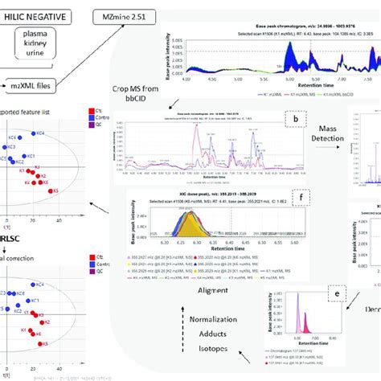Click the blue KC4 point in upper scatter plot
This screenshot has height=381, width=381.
tap(34, 133)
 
